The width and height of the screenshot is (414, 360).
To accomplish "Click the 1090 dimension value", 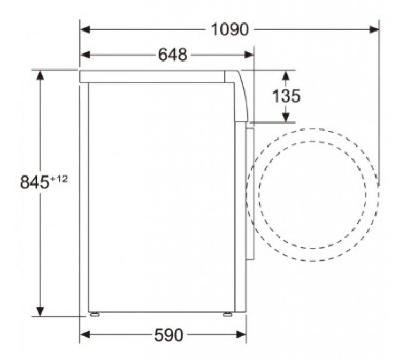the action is click(229, 29).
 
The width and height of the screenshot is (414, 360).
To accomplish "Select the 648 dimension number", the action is click(173, 55).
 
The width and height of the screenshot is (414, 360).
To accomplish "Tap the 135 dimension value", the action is click(286, 96).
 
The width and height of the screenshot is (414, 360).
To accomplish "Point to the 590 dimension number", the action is click(168, 335).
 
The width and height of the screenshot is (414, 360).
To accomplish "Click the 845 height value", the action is click(35, 182).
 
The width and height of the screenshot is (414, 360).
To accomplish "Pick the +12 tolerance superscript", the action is click(59, 179).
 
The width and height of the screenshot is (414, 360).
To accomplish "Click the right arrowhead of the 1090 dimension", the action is click(374, 29).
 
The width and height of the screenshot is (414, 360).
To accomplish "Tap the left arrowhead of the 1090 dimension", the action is click(85, 29).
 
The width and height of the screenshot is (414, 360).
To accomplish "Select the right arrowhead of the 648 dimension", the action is click(249, 55).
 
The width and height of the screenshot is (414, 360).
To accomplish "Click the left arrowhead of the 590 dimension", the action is click(85, 335).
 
